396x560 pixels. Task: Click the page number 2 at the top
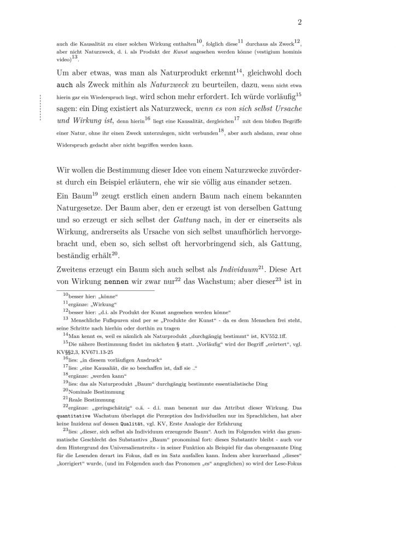pyautogui.click(x=300, y=22)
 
